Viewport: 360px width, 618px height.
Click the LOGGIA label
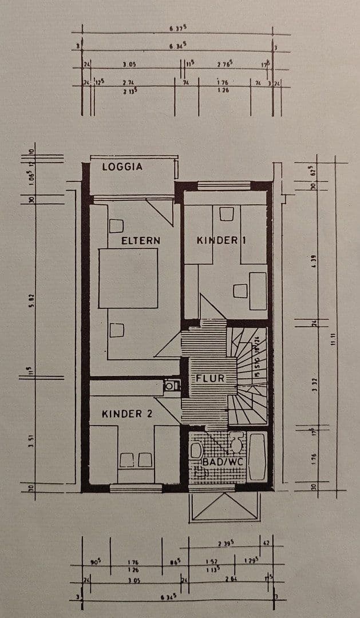122,167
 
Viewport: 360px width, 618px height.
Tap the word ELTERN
141,240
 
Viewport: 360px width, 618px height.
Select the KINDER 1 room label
221,240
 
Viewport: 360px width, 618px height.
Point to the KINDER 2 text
127,414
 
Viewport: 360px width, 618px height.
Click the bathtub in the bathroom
257,456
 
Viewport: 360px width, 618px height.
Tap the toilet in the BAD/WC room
236,442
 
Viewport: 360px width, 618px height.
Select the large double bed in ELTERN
128,279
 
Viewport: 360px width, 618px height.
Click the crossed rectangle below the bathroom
224,508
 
